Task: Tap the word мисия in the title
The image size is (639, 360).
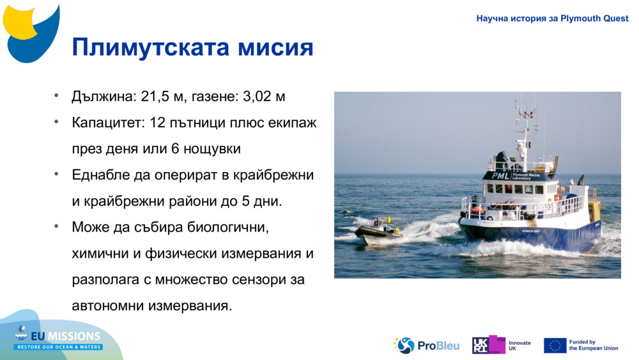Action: [275, 48]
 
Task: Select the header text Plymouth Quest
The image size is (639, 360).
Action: [594, 19]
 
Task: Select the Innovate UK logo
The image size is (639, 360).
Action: [501, 345]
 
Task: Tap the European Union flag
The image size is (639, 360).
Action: [555, 345]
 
